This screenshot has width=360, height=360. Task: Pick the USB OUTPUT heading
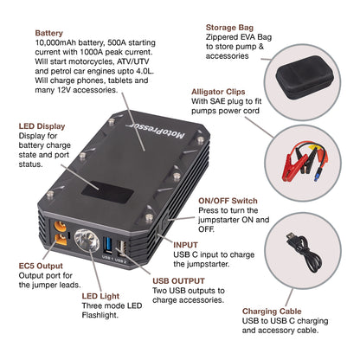[178, 279]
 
